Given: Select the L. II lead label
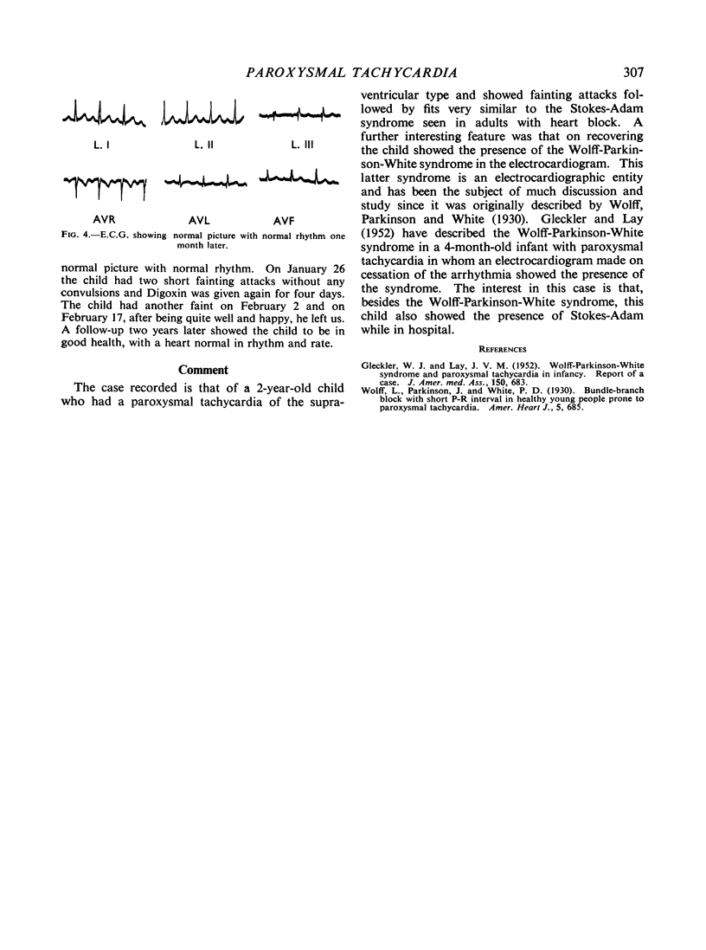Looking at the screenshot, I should point(199,140).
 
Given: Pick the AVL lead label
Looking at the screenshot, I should point(199,208).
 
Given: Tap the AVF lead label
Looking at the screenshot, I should point(298,208).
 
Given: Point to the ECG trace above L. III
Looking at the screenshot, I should point(298,113).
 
